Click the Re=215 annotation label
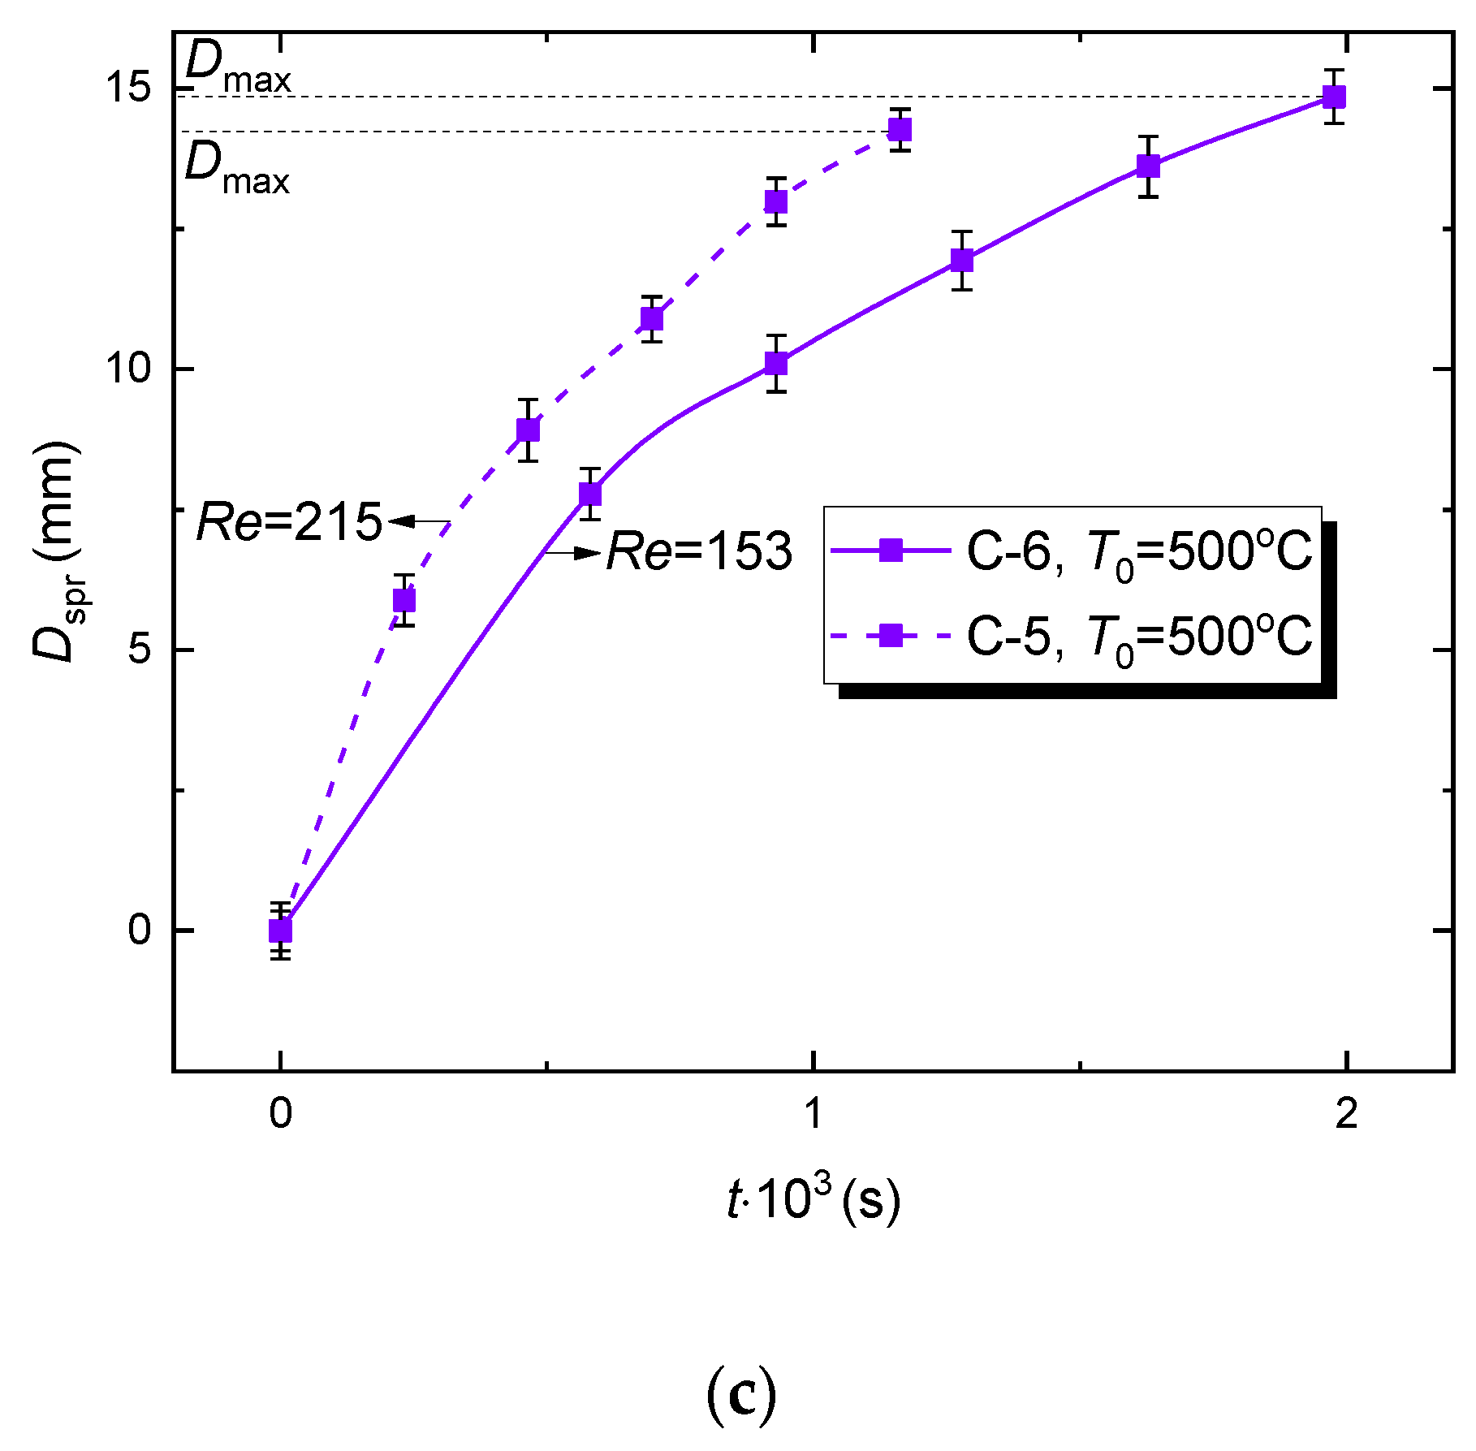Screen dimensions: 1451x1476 click(x=290, y=521)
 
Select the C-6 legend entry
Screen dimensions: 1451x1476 click(x=1072, y=551)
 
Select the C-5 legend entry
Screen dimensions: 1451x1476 click(x=1072, y=635)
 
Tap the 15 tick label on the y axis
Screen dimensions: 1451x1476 click(x=129, y=87)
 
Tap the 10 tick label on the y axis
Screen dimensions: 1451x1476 click(x=129, y=369)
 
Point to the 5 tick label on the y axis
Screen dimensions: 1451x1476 click(x=139, y=650)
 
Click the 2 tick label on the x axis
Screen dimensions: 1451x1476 click(x=1346, y=1114)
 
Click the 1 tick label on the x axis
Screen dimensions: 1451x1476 click(x=814, y=1114)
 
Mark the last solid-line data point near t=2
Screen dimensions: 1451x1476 click(x=1334, y=97)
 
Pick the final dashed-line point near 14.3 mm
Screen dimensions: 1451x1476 click(x=900, y=130)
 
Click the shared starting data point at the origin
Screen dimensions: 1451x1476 click(x=280, y=931)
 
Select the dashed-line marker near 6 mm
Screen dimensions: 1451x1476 click(x=404, y=600)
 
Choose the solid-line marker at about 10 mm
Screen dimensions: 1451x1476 click(x=776, y=364)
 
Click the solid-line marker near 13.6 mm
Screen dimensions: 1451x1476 click(x=1148, y=166)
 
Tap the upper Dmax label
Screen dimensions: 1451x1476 click(x=237, y=67)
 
